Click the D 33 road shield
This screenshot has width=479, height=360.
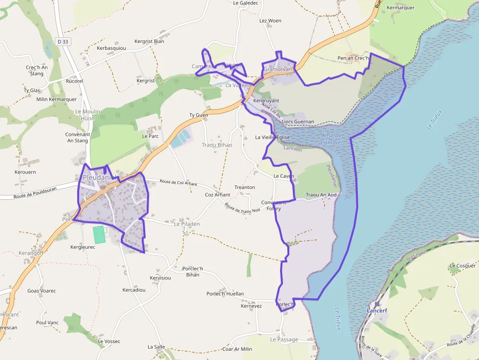[x=62, y=42]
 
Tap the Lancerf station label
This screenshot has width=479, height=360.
[x=377, y=310]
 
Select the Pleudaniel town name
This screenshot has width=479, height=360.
[x=101, y=177]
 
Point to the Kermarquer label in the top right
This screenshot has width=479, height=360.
[x=400, y=8]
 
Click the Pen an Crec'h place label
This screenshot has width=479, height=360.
[x=353, y=59]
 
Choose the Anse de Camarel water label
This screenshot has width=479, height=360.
[x=332, y=139]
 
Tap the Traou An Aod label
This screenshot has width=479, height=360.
[x=321, y=195]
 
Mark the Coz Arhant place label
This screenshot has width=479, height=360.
[x=218, y=194]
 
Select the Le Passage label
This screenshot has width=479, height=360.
[x=284, y=339]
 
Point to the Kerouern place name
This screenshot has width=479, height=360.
[x=25, y=172]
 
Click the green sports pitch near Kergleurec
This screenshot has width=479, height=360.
[x=99, y=234]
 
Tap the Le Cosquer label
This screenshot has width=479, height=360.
[x=462, y=266]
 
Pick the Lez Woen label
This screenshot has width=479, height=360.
[x=270, y=21]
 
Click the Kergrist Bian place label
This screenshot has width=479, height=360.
[x=149, y=41]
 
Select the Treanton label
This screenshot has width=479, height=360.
[x=245, y=187]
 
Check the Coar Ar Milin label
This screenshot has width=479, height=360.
[x=237, y=349]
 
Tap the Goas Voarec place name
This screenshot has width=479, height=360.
[x=42, y=291]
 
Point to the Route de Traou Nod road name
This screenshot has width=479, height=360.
[x=242, y=207]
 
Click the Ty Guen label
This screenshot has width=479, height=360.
[x=199, y=115]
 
